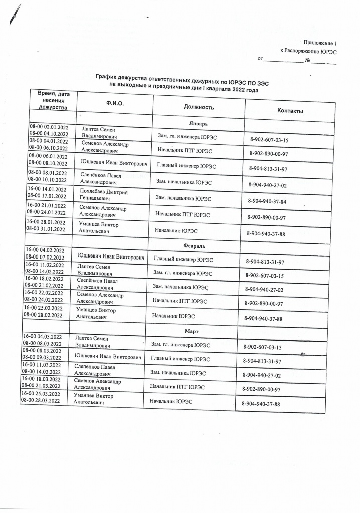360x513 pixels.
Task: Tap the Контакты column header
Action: click(x=290, y=111)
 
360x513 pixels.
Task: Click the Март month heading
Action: click(x=192, y=331)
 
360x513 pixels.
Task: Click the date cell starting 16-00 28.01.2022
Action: click(x=46, y=225)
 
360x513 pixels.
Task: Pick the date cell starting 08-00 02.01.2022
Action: click(x=49, y=130)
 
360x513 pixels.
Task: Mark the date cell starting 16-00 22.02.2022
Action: click(x=44, y=296)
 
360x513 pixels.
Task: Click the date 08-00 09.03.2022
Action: click(x=42, y=358)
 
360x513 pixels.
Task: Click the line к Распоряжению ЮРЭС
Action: click(x=309, y=51)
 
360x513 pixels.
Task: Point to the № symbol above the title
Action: click(x=308, y=61)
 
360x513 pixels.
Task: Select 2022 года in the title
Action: click(x=242, y=90)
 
